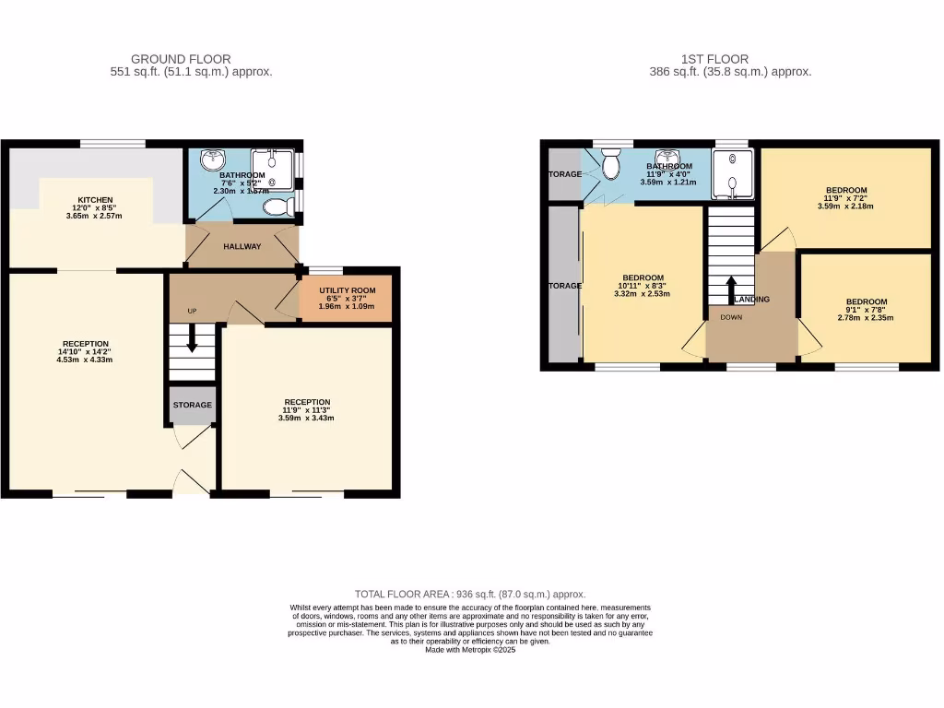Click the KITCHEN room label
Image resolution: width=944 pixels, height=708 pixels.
pos(95,200)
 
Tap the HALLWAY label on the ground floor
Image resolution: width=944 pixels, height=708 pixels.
pos(242,246)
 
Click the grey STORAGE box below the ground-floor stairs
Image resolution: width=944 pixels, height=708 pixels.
pos(193,406)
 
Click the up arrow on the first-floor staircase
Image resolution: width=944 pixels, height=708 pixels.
pos(731,288)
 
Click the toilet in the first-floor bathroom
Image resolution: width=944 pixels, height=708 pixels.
pos(609,166)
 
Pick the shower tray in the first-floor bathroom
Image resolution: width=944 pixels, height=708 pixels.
pos(733,173)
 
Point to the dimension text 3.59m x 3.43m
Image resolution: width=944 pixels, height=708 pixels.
pos(307,418)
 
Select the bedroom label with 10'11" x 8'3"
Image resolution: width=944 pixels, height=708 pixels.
pos(643,278)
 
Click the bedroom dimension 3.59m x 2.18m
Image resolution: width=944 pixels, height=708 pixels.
pos(845,206)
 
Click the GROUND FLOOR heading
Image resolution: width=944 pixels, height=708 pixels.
pos(181,59)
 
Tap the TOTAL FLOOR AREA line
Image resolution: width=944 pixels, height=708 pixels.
pos(470,595)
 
